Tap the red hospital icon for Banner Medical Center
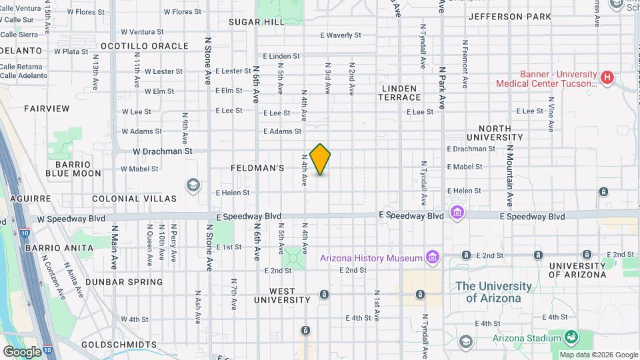tap(607, 78)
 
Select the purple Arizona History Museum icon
tap(433, 257)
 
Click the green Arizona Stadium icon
tap(571, 337)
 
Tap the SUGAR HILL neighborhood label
tap(256, 21)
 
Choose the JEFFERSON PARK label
tap(510, 17)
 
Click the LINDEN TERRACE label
tap(401, 93)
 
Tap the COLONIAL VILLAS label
tap(134, 199)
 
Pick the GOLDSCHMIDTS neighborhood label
tap(119, 345)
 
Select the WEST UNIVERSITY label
tap(282, 295)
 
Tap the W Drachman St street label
tap(162, 151)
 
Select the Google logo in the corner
tap(22, 351)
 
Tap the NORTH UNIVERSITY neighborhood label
tap(504, 133)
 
